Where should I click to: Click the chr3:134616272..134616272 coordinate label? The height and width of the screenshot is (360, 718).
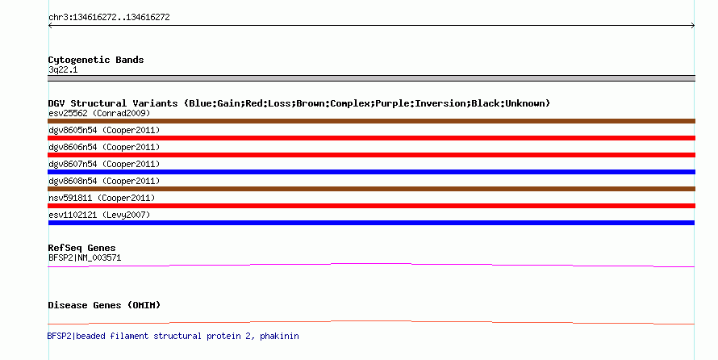[x=109, y=18]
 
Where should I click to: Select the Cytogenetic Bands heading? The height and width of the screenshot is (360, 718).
[x=96, y=60]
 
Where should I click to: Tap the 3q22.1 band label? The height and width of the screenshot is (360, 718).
[x=63, y=70]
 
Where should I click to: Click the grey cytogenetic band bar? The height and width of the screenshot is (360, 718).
[x=371, y=78]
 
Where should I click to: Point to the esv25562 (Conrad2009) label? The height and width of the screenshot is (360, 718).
[x=99, y=113]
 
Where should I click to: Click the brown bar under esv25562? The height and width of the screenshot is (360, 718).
[x=371, y=121]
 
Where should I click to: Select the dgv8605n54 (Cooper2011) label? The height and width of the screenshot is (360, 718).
[x=104, y=130]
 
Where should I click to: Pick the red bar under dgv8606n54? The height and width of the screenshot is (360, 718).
[x=371, y=155]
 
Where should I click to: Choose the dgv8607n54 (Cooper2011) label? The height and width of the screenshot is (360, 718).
[x=104, y=164]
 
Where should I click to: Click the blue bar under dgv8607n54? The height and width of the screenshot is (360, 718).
[x=371, y=172]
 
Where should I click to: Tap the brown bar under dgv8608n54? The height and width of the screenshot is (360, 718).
[x=371, y=189]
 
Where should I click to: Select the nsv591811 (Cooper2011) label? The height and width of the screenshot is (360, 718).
[x=102, y=198]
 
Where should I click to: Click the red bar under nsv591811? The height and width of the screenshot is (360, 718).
[x=371, y=206]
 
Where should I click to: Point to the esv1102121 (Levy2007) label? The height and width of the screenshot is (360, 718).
[x=99, y=215]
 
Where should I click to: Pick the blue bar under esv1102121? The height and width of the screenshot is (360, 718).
[x=371, y=223]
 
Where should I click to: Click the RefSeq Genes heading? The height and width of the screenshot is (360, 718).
[x=82, y=249]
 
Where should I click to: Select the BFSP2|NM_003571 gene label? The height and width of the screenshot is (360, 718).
[x=85, y=257]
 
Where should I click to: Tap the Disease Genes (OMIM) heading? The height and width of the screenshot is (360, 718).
[x=104, y=305]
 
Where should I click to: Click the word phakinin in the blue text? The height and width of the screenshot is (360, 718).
[x=279, y=336]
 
